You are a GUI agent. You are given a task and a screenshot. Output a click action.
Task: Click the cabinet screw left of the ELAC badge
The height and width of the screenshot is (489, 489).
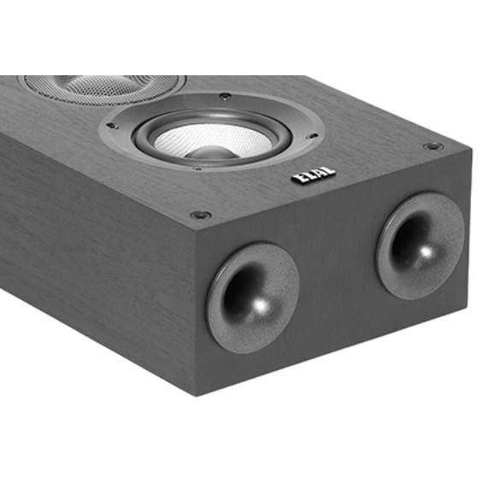click(200, 215)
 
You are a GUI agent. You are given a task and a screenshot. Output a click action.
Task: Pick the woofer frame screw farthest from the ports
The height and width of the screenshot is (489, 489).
click(224, 97)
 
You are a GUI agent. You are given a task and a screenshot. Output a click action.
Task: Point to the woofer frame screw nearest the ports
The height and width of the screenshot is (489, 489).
click(197, 168)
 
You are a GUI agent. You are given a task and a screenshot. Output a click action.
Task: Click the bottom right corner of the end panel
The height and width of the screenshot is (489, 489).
click(466, 312)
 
